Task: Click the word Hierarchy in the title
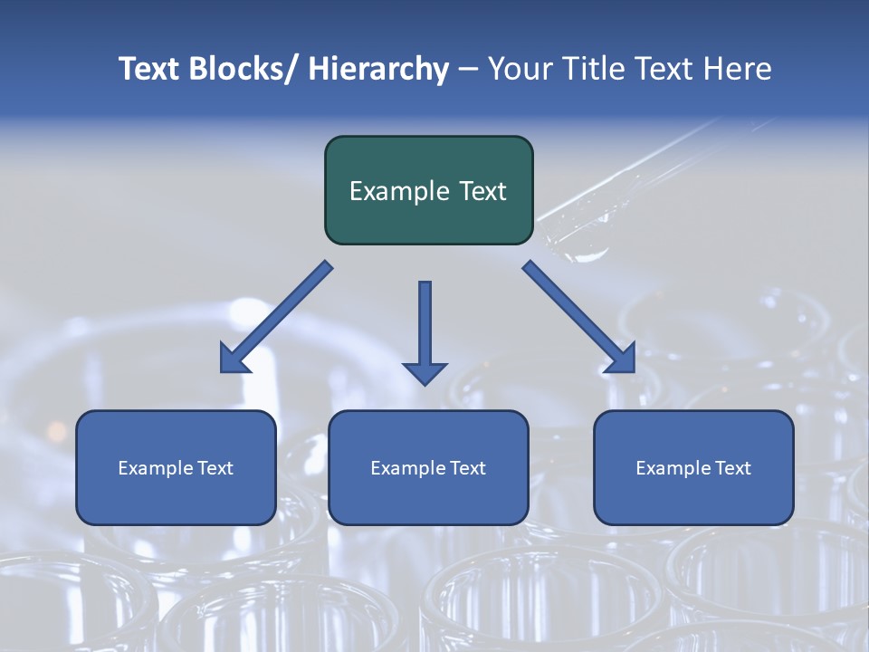(x=378, y=69)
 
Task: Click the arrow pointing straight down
(x=425, y=326)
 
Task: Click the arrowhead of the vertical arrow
(x=425, y=372)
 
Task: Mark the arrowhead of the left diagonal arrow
(x=234, y=360)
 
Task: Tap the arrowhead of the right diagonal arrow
(x=621, y=360)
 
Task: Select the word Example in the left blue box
(x=151, y=468)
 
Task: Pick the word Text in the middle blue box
(x=466, y=468)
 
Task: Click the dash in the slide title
(x=468, y=69)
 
